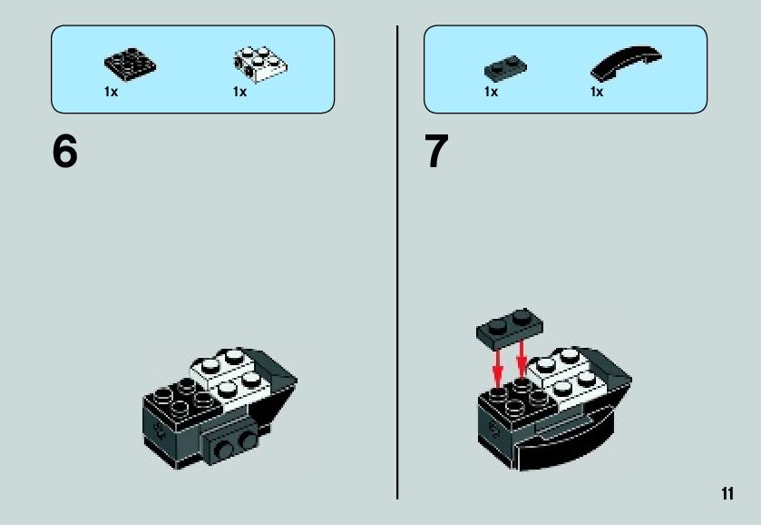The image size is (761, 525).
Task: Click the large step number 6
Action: [x=64, y=151]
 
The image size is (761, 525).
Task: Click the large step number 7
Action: [x=436, y=151]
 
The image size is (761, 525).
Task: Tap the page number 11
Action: [x=727, y=493]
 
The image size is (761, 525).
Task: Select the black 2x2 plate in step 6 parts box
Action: [x=130, y=64]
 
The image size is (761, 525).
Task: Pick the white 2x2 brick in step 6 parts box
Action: [x=260, y=64]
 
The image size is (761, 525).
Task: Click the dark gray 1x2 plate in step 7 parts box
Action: [x=505, y=68]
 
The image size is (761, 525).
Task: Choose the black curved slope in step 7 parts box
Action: [x=626, y=62]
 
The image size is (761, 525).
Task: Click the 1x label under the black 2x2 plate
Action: [x=111, y=92]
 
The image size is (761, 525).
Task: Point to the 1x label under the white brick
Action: [x=239, y=92]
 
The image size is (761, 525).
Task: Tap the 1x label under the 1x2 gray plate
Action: [x=491, y=92]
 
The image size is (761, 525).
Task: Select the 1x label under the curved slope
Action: [x=597, y=92]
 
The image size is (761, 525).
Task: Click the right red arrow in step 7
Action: [x=522, y=359]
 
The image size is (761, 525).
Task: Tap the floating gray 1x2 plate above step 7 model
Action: [x=509, y=329]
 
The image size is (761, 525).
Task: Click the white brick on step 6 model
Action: [x=231, y=375]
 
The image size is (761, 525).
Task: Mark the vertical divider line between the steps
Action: [x=397, y=262]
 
